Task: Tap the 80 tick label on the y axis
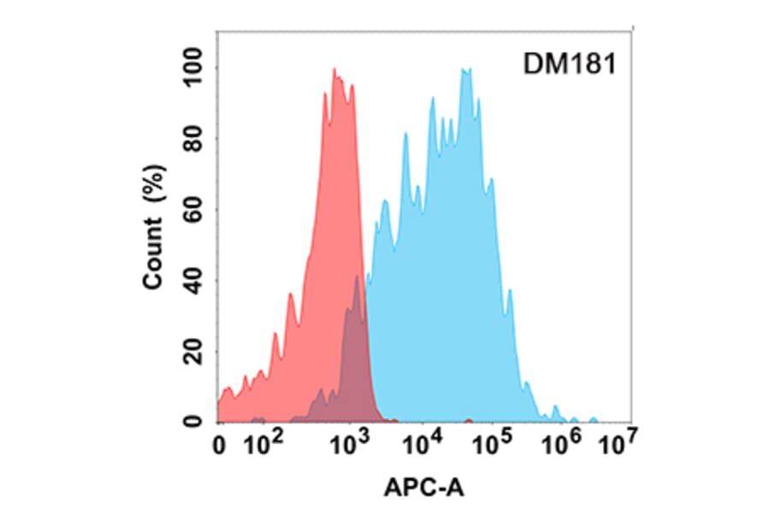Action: point(192,139)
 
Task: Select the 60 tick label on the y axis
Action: point(192,210)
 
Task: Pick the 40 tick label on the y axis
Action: point(192,280)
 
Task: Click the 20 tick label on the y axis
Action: point(192,351)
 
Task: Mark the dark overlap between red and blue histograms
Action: point(353,359)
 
